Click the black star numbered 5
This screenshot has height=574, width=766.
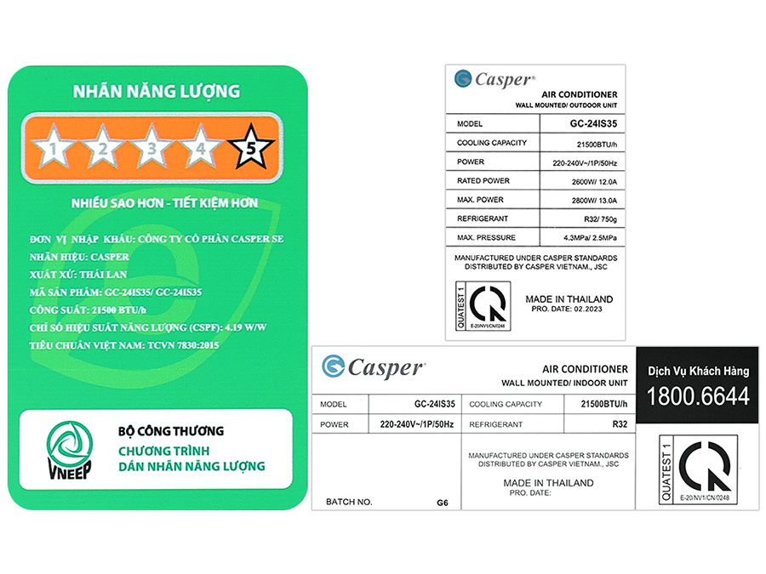[251, 149]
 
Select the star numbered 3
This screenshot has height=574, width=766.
[152, 149]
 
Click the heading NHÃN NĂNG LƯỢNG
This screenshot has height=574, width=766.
[156, 91]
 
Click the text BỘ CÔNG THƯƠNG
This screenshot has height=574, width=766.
[171, 432]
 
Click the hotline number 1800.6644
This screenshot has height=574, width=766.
[698, 395]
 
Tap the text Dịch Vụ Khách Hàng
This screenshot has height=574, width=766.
[698, 371]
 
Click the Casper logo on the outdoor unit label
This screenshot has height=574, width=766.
[494, 79]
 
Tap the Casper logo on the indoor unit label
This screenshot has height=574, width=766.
[374, 367]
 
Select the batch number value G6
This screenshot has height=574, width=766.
[443, 503]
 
